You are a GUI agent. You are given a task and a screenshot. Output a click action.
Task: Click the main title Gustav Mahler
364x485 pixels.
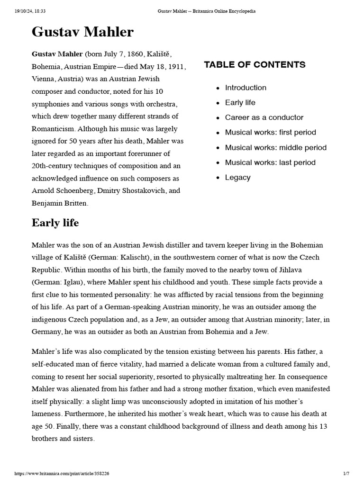[82, 32]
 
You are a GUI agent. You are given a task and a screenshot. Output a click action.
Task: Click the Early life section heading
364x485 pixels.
[55, 223]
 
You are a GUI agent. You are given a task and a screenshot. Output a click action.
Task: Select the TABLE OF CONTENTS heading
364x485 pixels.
[255, 65]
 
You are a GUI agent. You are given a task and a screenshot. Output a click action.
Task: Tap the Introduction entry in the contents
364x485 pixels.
[246, 88]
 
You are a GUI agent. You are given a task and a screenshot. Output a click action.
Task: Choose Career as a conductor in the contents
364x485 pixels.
[264, 117]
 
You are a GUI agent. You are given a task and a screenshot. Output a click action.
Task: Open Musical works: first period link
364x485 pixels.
[270, 133]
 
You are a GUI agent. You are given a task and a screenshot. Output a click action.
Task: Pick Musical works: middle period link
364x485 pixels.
[275, 148]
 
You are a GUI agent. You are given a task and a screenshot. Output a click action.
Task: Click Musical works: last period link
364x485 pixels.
[270, 162]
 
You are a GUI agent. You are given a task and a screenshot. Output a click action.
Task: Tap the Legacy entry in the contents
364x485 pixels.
[237, 178]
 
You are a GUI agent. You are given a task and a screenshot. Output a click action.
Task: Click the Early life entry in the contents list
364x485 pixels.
[240, 103]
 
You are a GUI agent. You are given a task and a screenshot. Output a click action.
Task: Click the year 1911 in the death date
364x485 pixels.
[174, 66]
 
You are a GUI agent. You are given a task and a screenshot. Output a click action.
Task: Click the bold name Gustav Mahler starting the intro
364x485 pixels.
[57, 54]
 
